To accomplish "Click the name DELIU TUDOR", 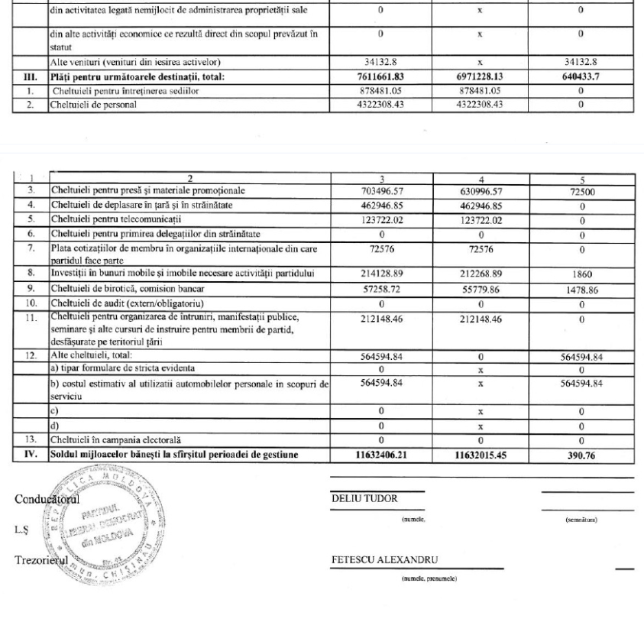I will tap(354, 499).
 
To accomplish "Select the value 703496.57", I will tap(392, 190).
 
